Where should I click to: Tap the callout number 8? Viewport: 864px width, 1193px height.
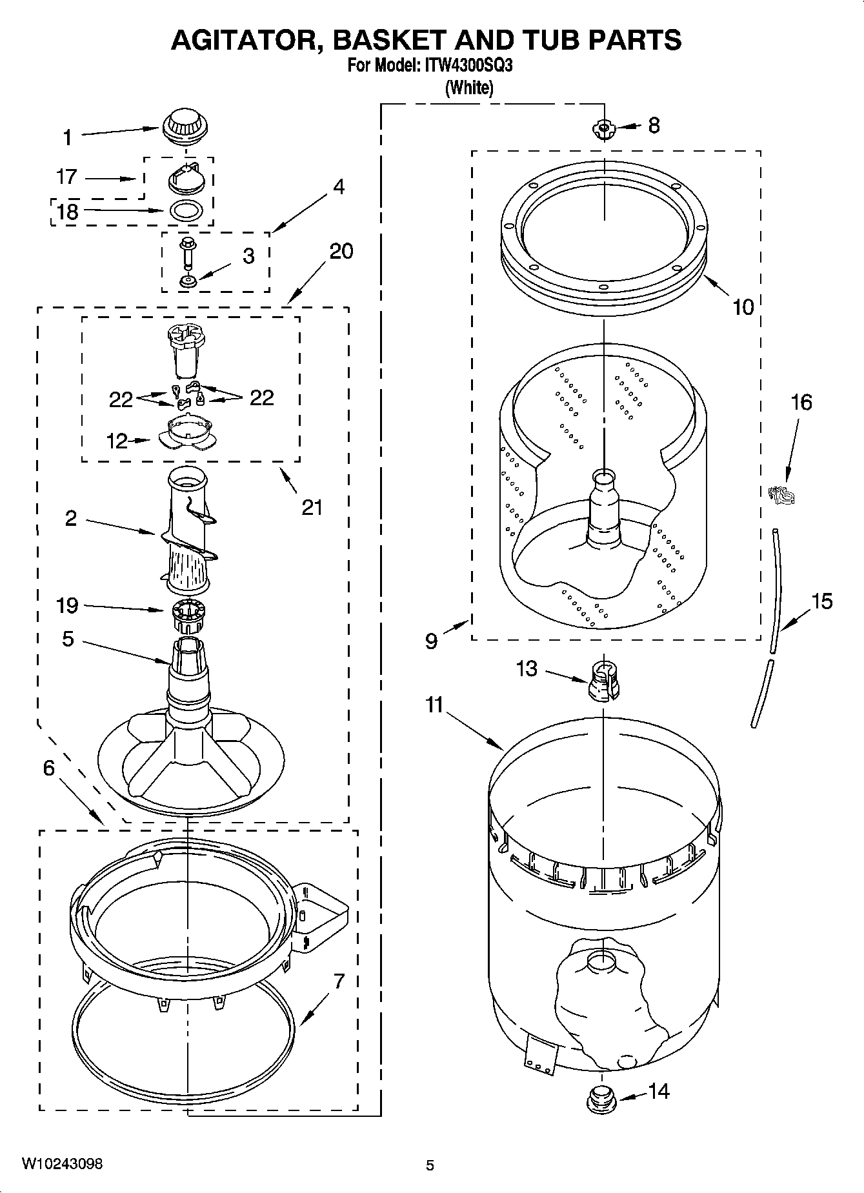point(654,125)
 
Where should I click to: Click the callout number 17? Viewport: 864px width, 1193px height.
point(66,176)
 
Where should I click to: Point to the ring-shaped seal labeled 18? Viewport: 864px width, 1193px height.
point(186,210)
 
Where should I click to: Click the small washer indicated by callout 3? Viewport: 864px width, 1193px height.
point(188,281)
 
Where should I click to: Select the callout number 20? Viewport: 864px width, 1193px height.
point(341,250)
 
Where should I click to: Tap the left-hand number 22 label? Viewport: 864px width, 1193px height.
point(121,399)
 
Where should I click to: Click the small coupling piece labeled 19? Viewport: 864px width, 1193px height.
point(188,617)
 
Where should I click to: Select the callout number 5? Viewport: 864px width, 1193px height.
point(68,639)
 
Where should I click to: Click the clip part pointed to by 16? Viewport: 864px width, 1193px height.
point(781,495)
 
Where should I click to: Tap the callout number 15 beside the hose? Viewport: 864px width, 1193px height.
point(821,601)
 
